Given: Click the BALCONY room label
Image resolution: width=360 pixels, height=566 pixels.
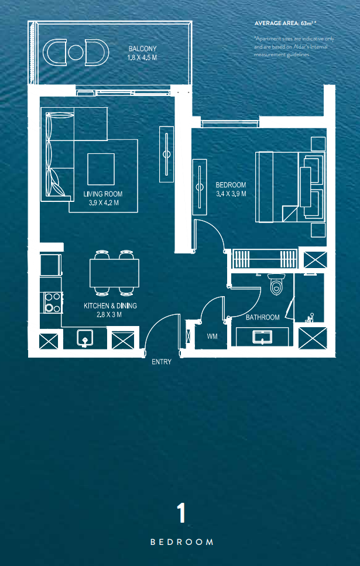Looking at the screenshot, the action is coord(143,49).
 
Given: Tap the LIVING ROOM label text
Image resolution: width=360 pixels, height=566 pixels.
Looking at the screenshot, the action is coord(103,194).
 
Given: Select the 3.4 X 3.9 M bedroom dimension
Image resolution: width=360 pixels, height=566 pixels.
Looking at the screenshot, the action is coord(231,194).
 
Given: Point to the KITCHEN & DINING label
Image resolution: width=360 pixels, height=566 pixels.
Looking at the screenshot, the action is coord(110,306).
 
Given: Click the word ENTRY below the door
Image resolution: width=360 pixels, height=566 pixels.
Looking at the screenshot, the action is coord(162,362).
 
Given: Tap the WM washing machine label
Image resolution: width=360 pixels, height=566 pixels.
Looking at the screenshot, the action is coord(212,337).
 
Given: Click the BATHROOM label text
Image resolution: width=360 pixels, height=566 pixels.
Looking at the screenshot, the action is coord(262,318).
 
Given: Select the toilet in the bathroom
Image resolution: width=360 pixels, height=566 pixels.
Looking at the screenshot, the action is coord(277,283).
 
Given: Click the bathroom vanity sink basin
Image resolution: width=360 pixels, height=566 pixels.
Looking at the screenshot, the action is coord(262,337).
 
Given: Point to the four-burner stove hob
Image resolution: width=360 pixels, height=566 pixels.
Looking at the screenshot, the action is coord(52,302).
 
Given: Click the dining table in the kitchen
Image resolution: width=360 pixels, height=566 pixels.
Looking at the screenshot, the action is coord(115,273).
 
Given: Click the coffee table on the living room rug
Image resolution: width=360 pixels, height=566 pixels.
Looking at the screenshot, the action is coord(101,169).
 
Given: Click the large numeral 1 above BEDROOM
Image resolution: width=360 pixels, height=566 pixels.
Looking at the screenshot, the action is coord(181,513).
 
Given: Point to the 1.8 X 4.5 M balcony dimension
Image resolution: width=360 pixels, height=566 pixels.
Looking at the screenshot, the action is coord(142,57).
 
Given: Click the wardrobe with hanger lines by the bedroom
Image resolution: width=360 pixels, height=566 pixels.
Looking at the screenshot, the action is coord(265,259).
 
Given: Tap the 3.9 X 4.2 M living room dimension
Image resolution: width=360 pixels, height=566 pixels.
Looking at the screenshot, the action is coord(104,203).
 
